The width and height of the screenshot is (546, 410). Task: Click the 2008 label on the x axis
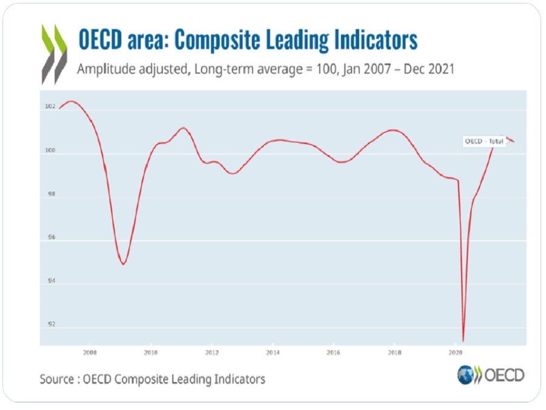point(90,352)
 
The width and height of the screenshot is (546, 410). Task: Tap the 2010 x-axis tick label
point(151,352)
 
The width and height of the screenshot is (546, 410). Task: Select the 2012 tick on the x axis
point(212,352)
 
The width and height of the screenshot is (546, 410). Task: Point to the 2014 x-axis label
point(272,352)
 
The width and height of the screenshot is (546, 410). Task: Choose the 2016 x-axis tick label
point(333,352)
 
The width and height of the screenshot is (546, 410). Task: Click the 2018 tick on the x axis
point(394,352)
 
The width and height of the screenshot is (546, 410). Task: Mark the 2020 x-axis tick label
point(455,352)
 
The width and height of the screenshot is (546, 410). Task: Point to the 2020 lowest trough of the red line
point(463,341)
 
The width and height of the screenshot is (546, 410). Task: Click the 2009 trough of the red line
point(123,264)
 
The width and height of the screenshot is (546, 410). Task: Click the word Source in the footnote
point(58,379)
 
